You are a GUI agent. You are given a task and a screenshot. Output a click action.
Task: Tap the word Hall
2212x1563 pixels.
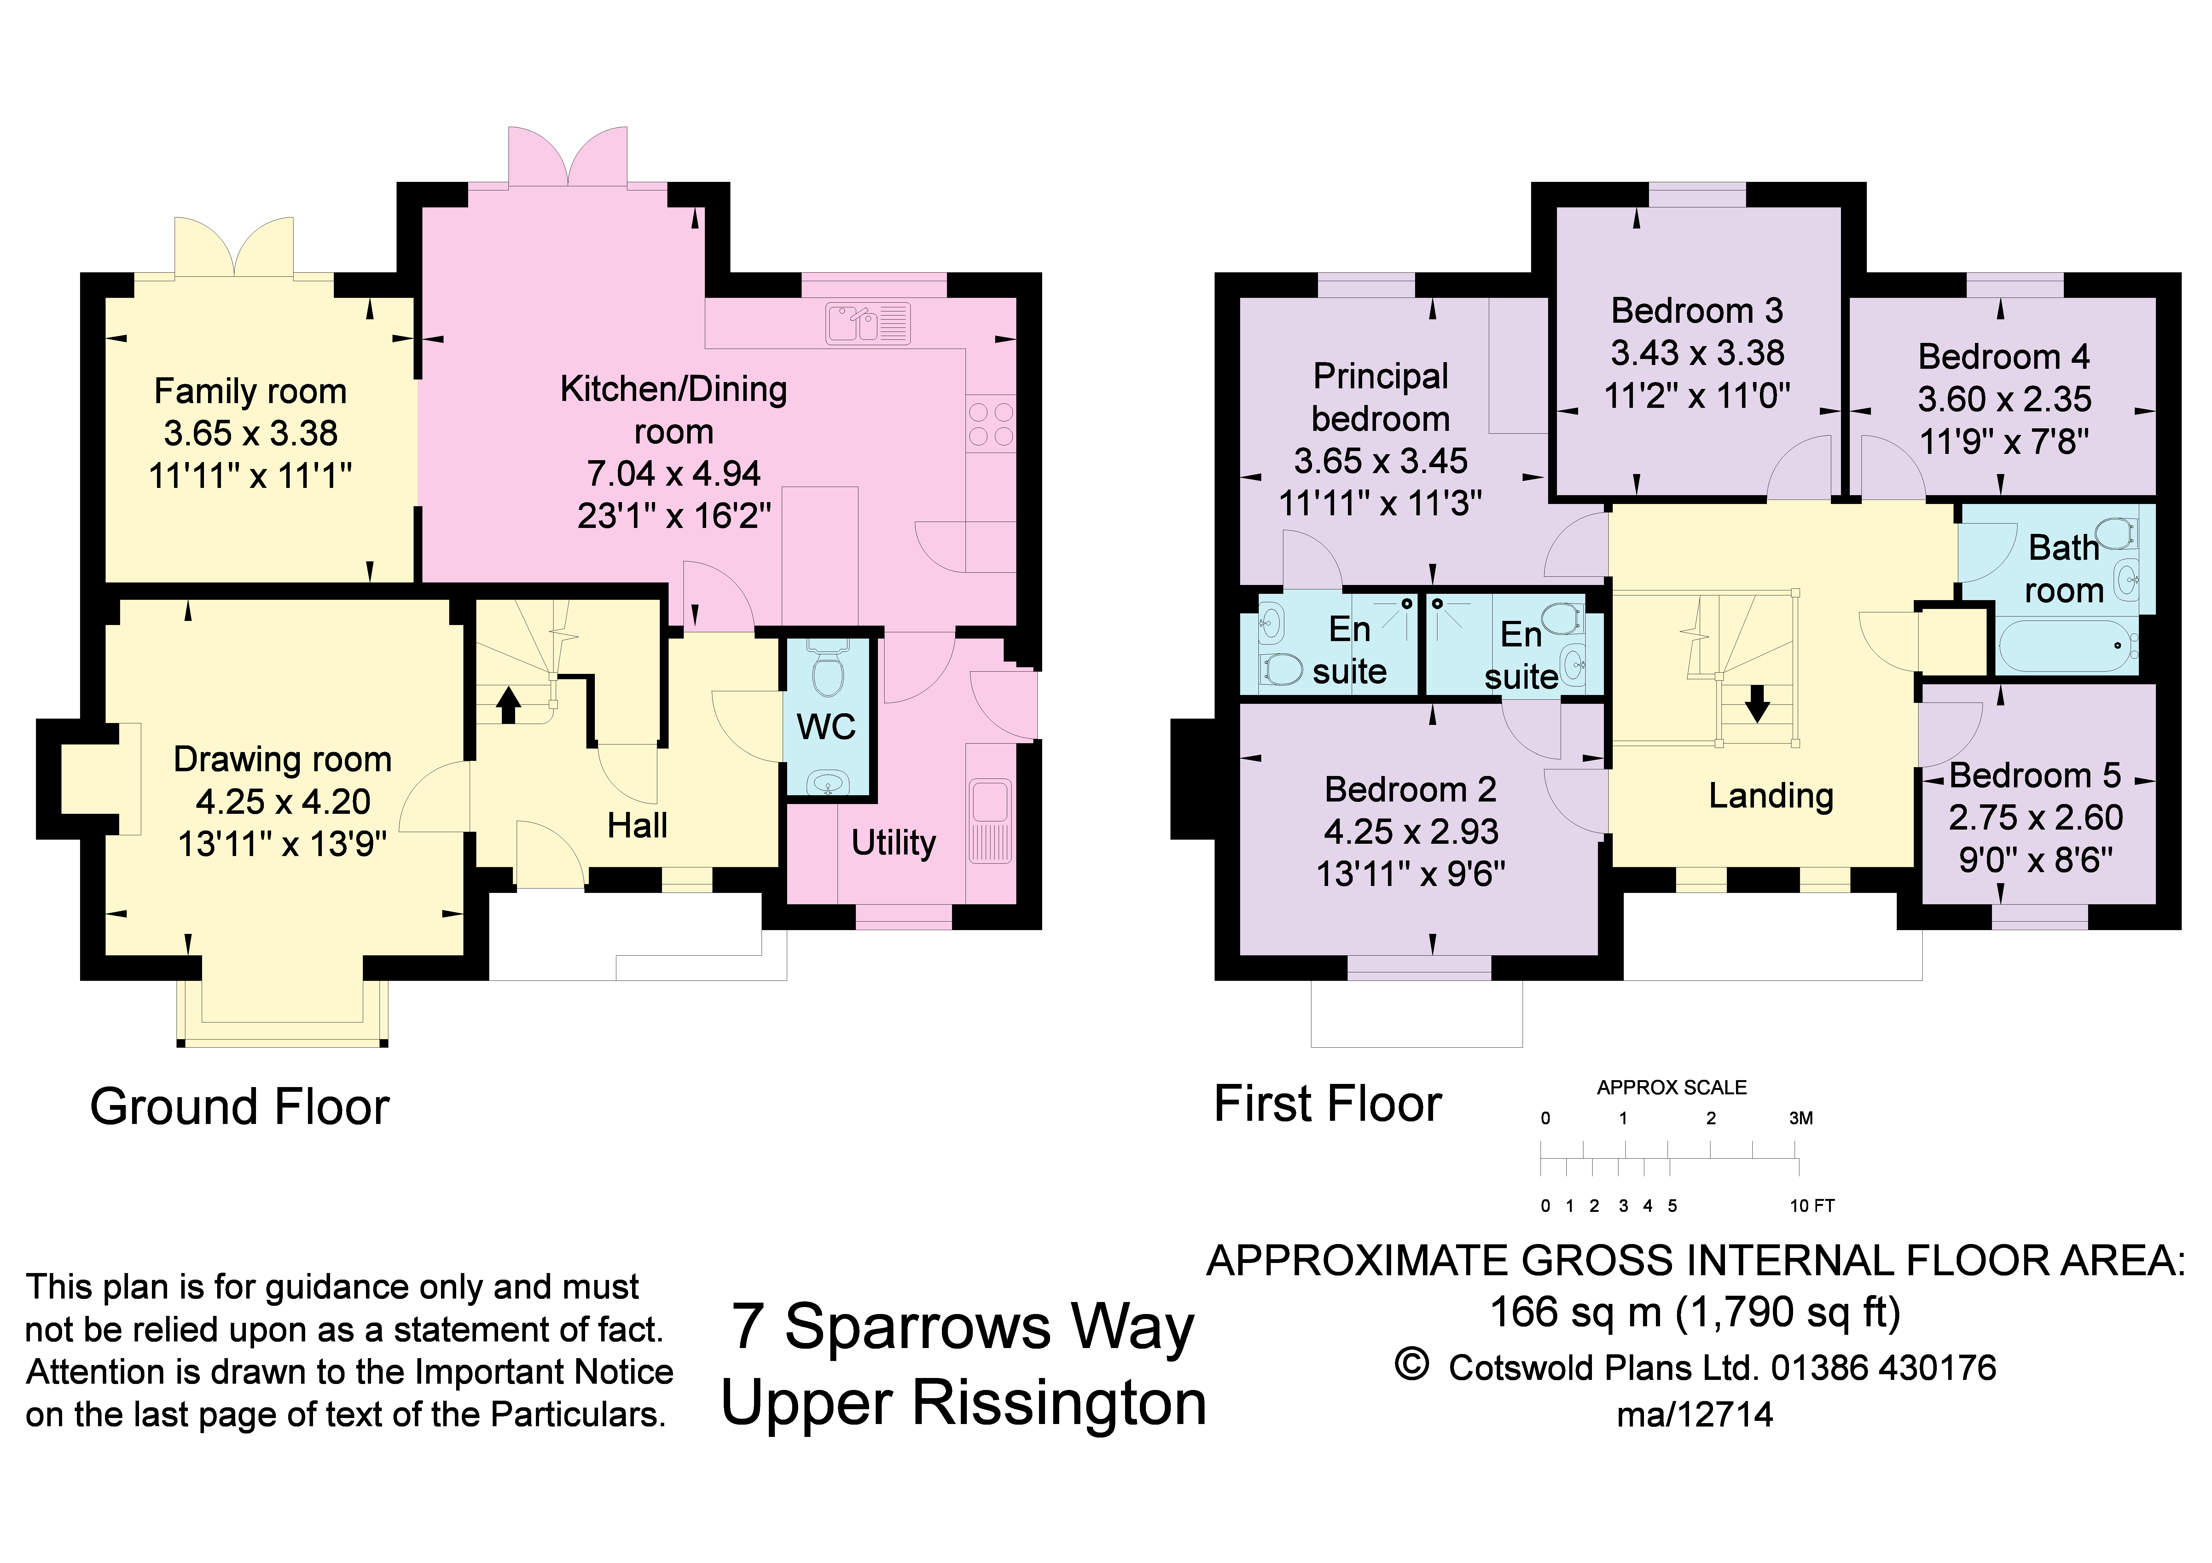point(637,825)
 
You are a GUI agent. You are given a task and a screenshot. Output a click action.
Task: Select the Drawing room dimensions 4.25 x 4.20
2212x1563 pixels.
point(283,801)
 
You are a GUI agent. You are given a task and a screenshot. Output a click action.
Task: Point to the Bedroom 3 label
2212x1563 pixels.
point(1698,310)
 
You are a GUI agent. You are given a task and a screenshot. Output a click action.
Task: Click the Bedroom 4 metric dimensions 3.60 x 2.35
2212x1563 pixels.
point(2005,399)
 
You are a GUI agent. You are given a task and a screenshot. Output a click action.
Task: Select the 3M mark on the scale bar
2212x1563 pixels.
point(1801,1118)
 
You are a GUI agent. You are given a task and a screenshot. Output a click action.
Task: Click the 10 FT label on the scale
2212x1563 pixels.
point(1812,1206)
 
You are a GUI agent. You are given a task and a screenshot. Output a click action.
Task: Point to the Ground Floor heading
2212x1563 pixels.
point(240,1107)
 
